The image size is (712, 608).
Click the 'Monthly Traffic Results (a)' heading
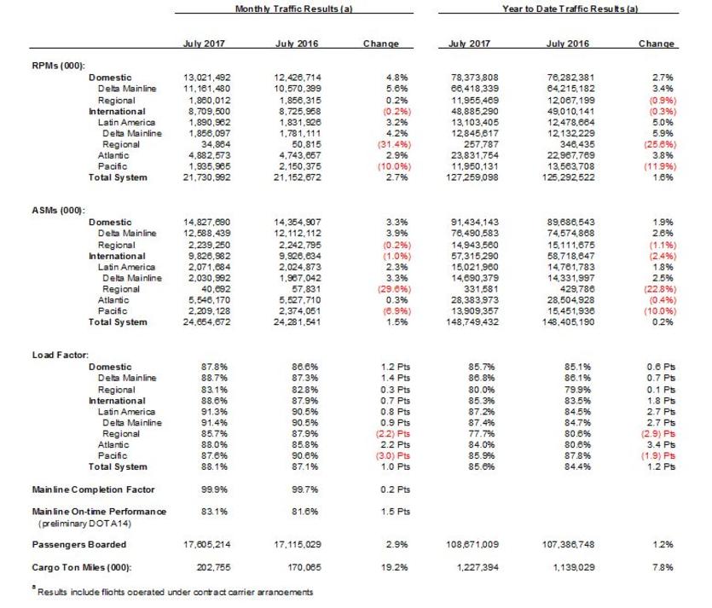[294, 8]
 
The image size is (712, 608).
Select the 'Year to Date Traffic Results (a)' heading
[571, 8]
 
